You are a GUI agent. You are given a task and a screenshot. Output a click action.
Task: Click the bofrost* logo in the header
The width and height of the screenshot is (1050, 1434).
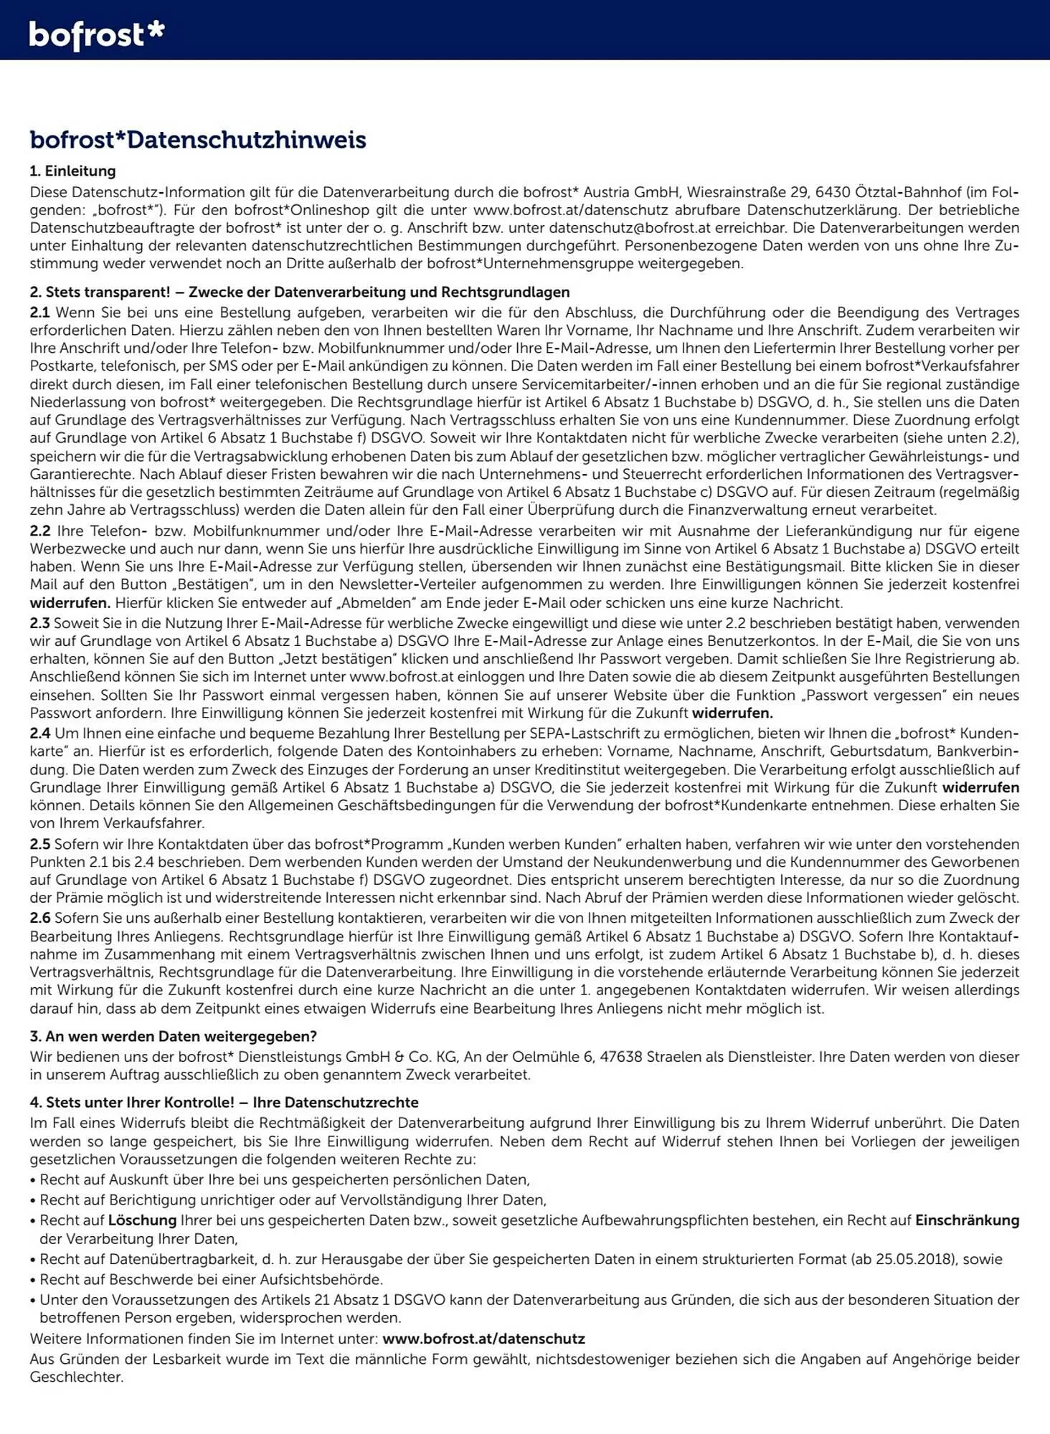point(97,34)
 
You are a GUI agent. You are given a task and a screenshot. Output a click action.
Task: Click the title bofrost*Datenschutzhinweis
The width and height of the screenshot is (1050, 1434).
point(198,139)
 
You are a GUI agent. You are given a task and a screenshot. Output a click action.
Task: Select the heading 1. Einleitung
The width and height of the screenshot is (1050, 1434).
point(72,171)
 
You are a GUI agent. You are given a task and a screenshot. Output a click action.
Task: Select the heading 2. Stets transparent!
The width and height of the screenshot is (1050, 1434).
point(300,292)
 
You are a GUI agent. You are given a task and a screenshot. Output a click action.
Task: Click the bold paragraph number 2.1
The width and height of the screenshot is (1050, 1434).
point(39,313)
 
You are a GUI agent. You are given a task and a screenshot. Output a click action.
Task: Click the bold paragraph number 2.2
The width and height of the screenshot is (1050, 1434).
point(40,531)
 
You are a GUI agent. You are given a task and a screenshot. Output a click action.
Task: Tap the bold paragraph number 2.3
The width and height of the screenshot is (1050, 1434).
point(39,623)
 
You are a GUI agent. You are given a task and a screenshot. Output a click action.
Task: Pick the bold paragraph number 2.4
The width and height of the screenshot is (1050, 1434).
point(40,733)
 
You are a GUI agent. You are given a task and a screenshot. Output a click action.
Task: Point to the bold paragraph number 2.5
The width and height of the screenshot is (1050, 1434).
point(39,844)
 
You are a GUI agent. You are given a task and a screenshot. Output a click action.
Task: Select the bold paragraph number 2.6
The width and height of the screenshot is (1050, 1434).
point(40,918)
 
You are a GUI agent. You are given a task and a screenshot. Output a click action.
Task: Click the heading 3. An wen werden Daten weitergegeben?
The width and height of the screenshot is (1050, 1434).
point(173,1036)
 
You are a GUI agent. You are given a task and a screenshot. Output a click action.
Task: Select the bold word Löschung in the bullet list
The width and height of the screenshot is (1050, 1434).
point(142,1220)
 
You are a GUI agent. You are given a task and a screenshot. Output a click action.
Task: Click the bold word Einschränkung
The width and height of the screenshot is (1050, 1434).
point(967,1220)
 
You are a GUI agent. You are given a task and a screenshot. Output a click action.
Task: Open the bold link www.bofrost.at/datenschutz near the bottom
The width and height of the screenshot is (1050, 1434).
point(483,1339)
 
